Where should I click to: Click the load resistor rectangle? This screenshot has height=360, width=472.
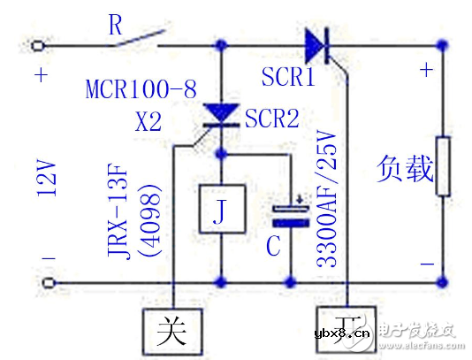point(444,166)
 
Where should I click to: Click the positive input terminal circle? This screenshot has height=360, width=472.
point(38,45)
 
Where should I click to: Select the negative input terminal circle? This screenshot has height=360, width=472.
point(38,283)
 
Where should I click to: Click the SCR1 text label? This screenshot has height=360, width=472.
point(288,78)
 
